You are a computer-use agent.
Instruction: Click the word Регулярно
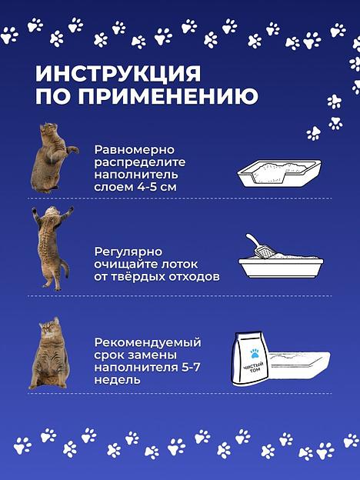coord(128,251)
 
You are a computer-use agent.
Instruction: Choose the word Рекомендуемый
coord(148,342)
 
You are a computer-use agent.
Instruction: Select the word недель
coord(118,381)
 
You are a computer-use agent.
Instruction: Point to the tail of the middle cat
coord(65,273)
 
